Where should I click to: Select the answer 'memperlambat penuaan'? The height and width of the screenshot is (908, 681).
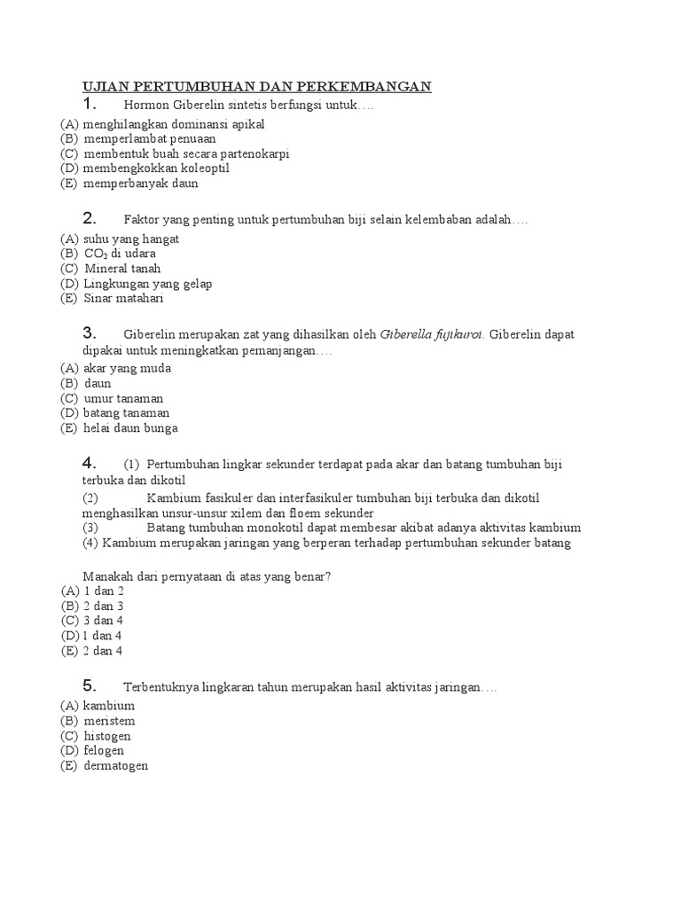(149, 138)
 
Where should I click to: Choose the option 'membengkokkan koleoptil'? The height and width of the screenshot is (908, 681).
(156, 168)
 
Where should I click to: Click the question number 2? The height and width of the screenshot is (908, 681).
(89, 218)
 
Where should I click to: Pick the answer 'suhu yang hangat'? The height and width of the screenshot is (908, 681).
(131, 239)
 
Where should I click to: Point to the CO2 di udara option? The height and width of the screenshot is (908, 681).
(120, 254)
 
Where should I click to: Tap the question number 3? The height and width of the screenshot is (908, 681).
(89, 333)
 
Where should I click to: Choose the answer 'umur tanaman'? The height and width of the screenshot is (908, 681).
(123, 398)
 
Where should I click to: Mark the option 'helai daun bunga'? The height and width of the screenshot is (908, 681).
(130, 428)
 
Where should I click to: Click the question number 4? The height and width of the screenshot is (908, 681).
(89, 463)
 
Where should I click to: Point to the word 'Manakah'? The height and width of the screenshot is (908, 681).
(107, 576)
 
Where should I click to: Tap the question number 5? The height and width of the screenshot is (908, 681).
(89, 685)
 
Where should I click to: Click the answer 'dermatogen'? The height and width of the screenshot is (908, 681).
(115, 766)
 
